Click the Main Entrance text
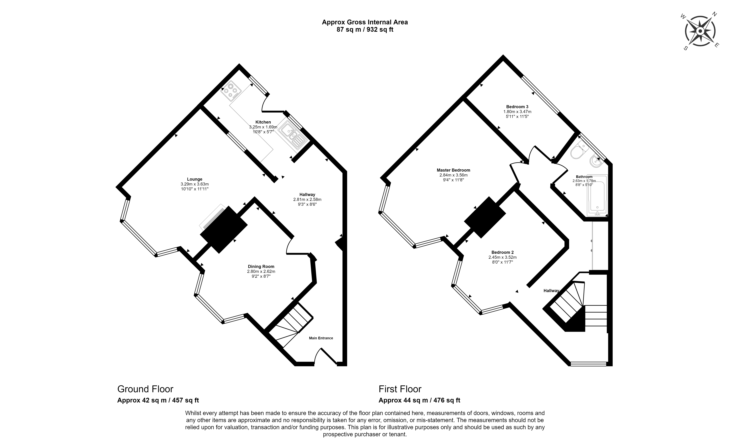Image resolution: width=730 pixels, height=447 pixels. point(321,338)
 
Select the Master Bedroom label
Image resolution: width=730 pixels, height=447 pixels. point(453,170)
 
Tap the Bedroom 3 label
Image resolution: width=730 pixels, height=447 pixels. point(517,107)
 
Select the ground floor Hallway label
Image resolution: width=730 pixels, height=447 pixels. point(307,195)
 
